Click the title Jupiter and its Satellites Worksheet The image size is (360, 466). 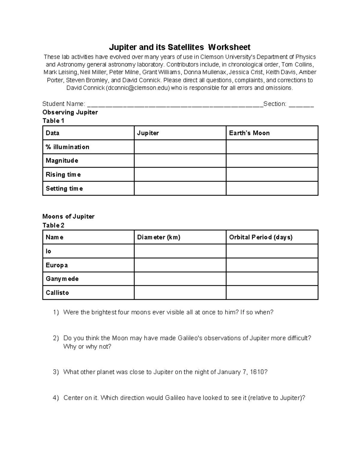point(179,47)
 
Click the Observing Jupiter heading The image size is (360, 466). point(70,112)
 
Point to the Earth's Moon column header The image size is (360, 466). point(249,133)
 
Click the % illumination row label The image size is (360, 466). point(67,147)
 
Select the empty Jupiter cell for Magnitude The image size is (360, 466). point(180,161)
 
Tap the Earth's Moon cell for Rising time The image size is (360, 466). point(272,174)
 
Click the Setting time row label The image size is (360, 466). point(64,188)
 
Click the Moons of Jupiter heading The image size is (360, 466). point(68,216)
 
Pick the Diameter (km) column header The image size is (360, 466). point(159,237)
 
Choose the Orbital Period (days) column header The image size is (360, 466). point(261,237)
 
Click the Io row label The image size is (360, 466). point(49,251)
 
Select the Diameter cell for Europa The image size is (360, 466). point(180,265)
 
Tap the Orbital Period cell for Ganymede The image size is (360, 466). point(272,279)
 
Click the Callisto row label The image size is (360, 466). point(57,293)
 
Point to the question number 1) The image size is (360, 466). point(56,312)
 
